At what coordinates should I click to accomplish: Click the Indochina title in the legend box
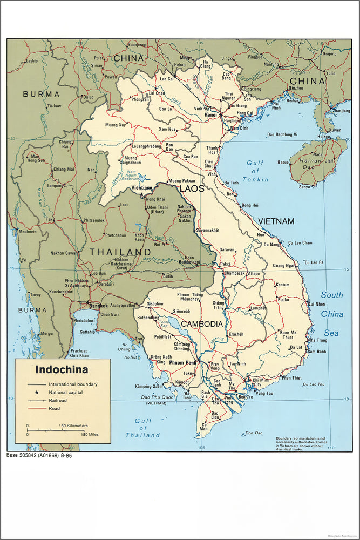[62, 370]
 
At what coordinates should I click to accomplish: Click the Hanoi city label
[210, 114]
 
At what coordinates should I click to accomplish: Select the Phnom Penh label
[182, 362]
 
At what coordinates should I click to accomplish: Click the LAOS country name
[192, 188]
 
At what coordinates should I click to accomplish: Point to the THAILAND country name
[120, 252]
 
